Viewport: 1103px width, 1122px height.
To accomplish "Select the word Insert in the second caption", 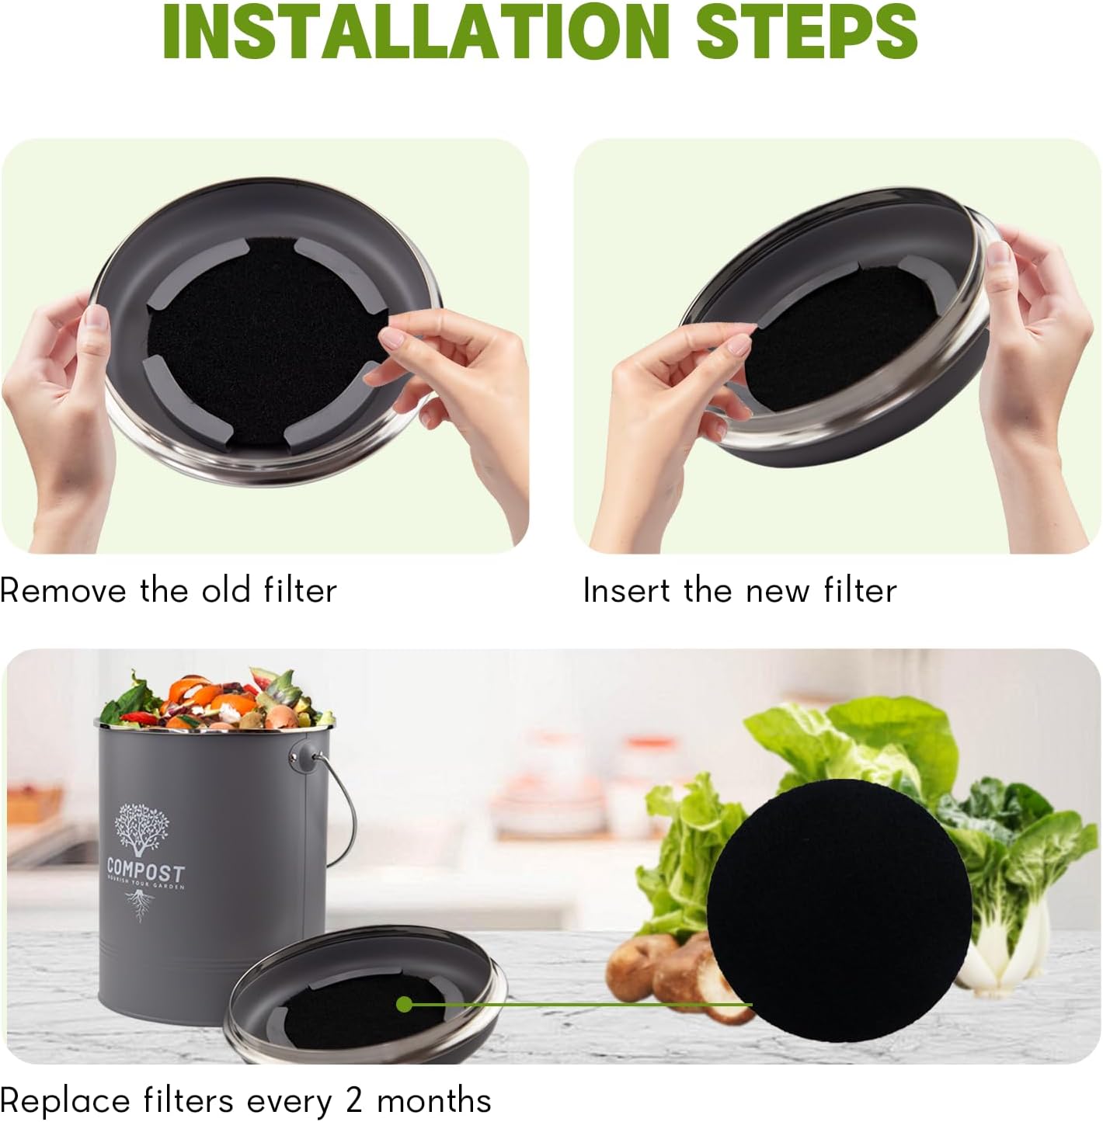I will click(626, 591).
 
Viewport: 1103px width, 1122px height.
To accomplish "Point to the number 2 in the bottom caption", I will click(354, 1100).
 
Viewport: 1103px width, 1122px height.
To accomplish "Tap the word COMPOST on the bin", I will click(146, 870).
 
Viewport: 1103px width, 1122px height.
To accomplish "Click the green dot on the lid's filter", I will click(404, 1005).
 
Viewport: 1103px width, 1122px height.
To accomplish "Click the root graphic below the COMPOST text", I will click(141, 905).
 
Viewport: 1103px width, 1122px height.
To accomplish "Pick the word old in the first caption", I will click(224, 591).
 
